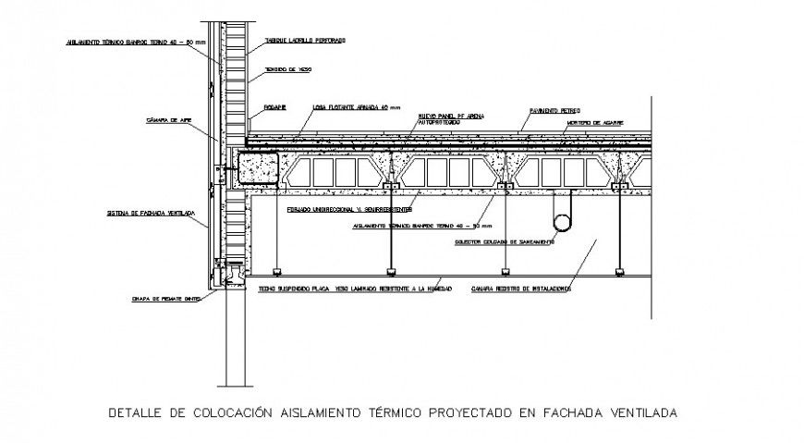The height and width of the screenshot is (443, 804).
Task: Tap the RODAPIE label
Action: coord(274,107)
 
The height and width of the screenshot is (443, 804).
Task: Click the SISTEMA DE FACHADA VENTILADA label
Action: coord(151,213)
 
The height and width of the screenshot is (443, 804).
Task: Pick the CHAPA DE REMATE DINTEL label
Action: coord(166,299)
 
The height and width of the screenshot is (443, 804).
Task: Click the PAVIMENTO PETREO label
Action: coord(554,109)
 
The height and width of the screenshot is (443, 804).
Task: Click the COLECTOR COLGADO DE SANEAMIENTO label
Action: coord(505,242)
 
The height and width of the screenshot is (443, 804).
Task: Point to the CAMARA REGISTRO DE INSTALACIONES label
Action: coord(519,289)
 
